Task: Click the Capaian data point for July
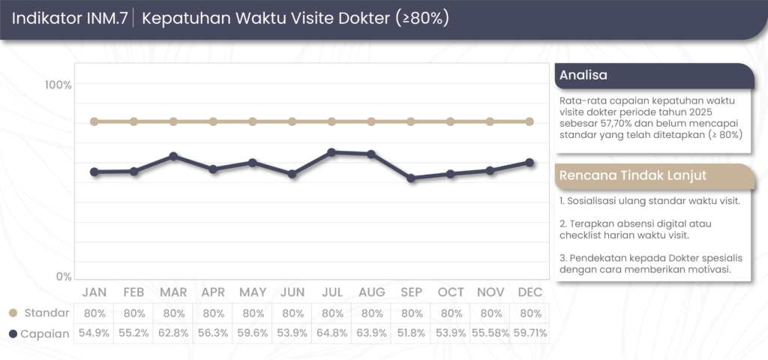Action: click(x=332, y=152)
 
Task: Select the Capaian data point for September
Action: click(x=411, y=178)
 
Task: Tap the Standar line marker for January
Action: click(x=94, y=121)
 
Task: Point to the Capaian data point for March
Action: click(x=173, y=156)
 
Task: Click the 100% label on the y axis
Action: click(x=58, y=85)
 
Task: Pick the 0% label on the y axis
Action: click(x=63, y=276)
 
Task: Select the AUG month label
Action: click(x=372, y=292)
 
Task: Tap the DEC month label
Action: click(x=530, y=292)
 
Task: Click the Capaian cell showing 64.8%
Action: click(x=332, y=333)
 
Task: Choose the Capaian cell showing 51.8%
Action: click(x=411, y=333)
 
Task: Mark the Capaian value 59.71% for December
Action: click(x=530, y=333)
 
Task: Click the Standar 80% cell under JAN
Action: click(x=94, y=313)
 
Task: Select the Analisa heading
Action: click(x=584, y=75)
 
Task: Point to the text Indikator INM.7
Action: click(x=68, y=18)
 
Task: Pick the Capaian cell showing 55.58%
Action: click(x=490, y=333)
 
